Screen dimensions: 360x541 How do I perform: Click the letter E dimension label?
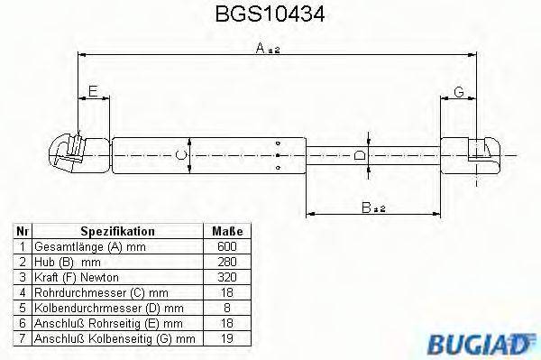coord(94,90)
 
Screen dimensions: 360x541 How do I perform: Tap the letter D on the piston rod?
coord(361,155)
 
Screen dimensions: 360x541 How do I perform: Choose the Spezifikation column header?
coord(117,231)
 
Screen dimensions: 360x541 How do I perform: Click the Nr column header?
coord(23,231)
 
